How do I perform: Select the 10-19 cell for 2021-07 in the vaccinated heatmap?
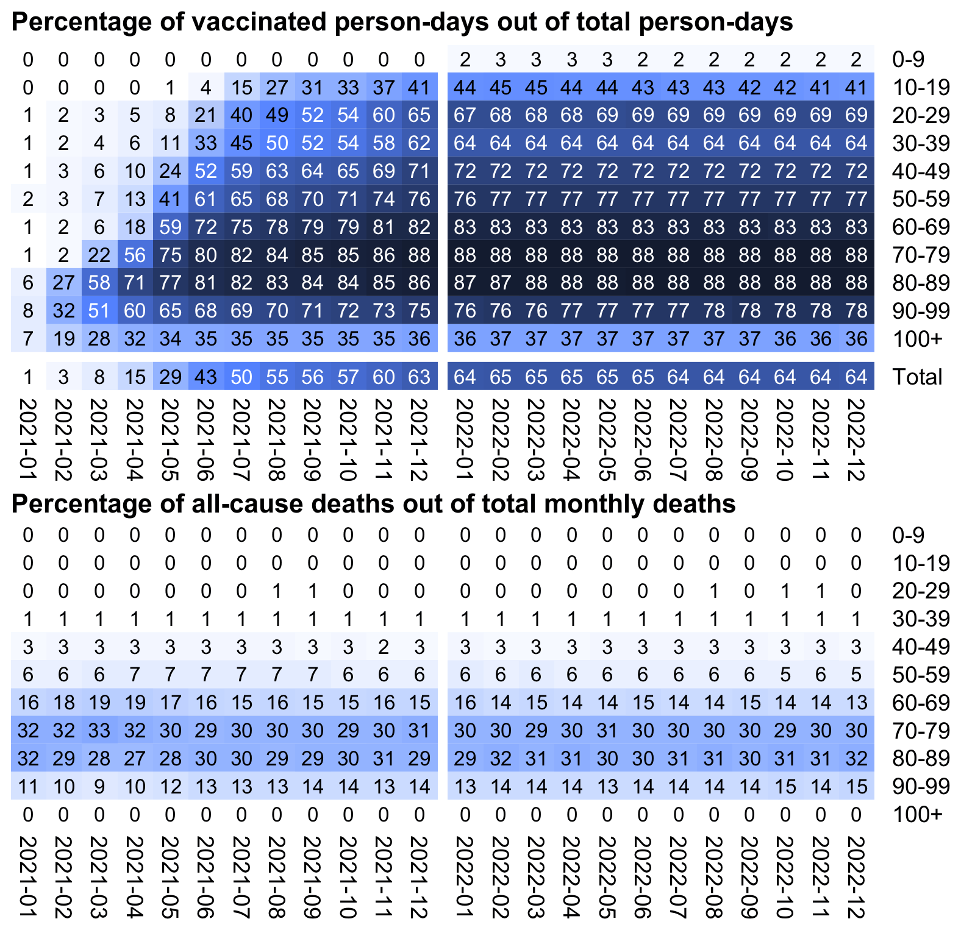pyautogui.click(x=242, y=87)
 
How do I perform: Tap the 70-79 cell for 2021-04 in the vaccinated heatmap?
pyautogui.click(x=135, y=255)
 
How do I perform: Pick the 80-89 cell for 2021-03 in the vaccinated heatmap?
pyautogui.click(x=99, y=283)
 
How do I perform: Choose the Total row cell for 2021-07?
pyautogui.click(x=242, y=377)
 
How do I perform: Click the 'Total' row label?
pyautogui.click(x=917, y=377)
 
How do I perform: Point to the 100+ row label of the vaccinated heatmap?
pyautogui.click(x=917, y=339)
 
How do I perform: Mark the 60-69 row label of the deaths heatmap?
pyautogui.click(x=921, y=703)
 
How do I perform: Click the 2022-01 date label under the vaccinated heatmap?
pyautogui.click(x=465, y=439)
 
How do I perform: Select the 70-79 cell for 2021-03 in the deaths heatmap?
pyautogui.click(x=99, y=731)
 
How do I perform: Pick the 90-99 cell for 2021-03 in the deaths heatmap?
pyautogui.click(x=99, y=787)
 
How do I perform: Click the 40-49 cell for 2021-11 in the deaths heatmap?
pyautogui.click(x=384, y=647)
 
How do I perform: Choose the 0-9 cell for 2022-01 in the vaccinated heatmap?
pyautogui.click(x=465, y=59)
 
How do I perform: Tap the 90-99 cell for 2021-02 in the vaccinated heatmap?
pyautogui.click(x=63, y=311)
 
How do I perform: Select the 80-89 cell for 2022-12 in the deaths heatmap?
pyautogui.click(x=857, y=759)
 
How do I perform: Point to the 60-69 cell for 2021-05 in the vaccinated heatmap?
pyautogui.click(x=171, y=227)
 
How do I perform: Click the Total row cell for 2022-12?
pyautogui.click(x=857, y=377)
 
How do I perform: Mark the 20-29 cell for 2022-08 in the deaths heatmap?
pyautogui.click(x=714, y=591)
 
